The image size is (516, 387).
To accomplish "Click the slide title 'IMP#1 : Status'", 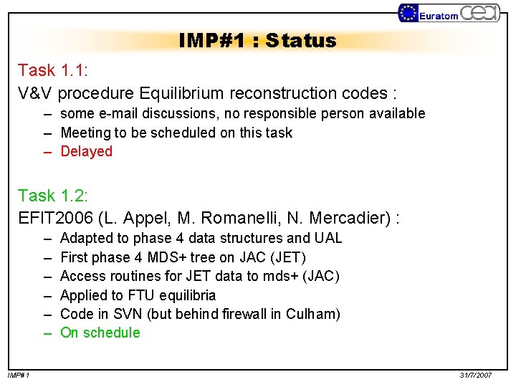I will pyautogui.click(x=257, y=41).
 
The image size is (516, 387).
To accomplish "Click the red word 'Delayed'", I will pyautogui.click(x=87, y=151).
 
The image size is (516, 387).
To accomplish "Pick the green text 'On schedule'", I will pyautogui.click(x=100, y=333).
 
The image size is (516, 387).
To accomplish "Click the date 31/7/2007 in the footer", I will pyautogui.click(x=475, y=376).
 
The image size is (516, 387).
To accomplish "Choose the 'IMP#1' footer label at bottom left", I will pyautogui.click(x=19, y=376).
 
